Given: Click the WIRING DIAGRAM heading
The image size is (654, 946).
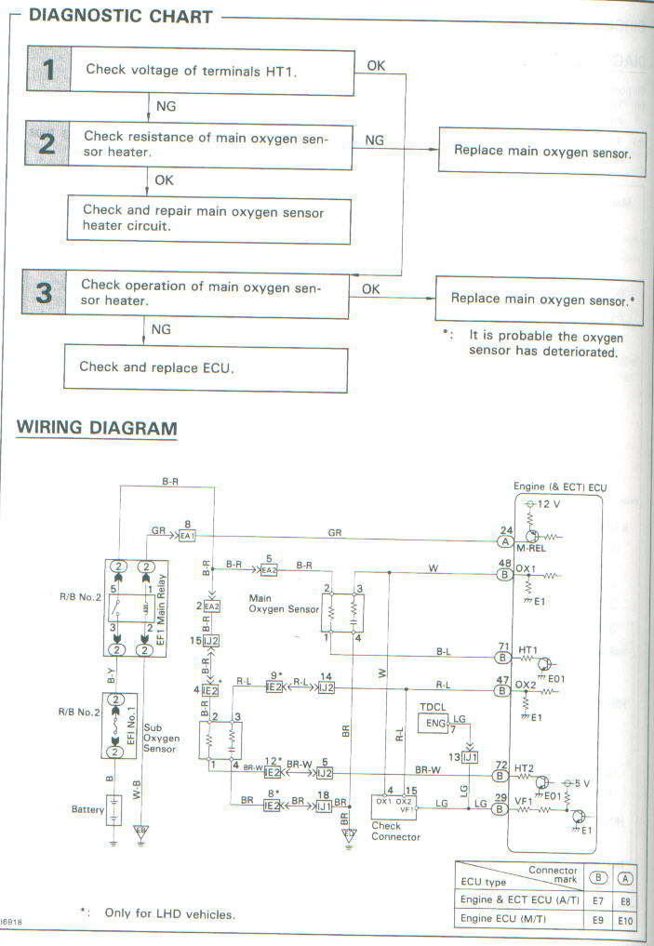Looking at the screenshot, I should point(97,428).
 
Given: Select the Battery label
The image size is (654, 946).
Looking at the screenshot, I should point(87,809).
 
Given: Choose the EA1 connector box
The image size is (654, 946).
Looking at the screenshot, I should point(186,537).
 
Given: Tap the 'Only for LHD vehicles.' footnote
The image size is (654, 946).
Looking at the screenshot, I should point(169,913).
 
